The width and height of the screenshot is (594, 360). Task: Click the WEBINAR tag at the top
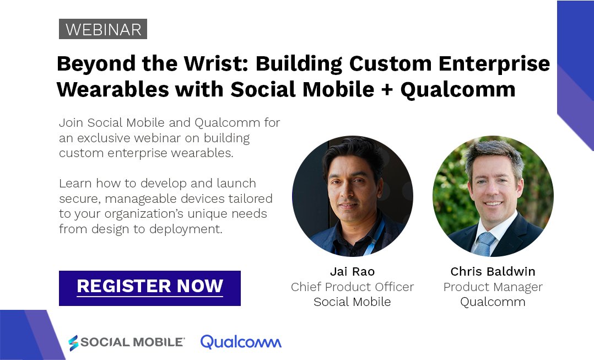pos(103,29)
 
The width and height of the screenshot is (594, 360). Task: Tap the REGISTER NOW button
pos(150,287)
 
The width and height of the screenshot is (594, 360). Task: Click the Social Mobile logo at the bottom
pos(126,342)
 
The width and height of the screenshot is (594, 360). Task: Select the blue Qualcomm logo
pos(241,342)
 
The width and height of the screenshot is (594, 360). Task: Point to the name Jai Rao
pos(352,272)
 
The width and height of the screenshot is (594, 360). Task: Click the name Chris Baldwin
pos(493,272)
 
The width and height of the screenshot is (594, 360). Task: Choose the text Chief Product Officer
pos(352,287)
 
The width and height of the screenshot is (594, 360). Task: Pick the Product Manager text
pos(493,287)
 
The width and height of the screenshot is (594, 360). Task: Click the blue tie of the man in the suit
pos(485,243)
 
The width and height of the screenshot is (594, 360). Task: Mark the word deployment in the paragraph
pos(187,228)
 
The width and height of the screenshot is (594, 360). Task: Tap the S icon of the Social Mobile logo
pos(73,342)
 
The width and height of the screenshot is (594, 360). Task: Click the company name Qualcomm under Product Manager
pos(493,302)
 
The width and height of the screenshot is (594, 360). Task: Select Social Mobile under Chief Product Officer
pos(352,302)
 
